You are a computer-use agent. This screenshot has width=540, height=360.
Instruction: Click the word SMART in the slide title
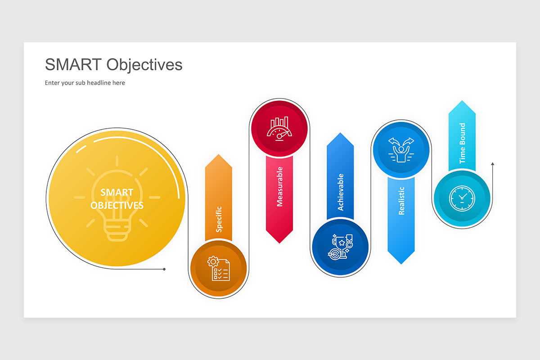[x=73, y=65]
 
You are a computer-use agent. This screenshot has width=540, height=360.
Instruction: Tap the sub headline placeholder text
[x=85, y=83]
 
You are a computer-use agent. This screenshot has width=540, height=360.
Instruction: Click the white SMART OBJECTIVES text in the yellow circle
[x=117, y=199]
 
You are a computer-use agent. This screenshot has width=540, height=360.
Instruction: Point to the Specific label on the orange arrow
[x=219, y=219]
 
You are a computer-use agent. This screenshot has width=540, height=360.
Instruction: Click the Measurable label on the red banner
[x=279, y=186]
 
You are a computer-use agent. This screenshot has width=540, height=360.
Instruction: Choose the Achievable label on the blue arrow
[x=340, y=192]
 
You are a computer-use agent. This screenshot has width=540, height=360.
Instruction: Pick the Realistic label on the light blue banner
[x=401, y=201]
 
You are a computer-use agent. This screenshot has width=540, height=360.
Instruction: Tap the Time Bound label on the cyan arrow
[x=462, y=144]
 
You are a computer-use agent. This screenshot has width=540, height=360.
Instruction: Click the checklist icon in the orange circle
[x=218, y=268]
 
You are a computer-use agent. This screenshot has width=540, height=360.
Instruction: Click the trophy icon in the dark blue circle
[x=340, y=247]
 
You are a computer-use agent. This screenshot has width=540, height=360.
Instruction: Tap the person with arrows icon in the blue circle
[x=400, y=149]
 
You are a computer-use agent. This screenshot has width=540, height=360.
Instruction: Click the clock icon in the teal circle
[x=462, y=198]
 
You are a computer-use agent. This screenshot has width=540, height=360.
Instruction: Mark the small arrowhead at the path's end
[x=493, y=164]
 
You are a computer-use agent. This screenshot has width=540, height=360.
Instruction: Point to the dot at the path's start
[x=164, y=269]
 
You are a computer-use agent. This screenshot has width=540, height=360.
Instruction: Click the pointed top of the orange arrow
[x=219, y=156]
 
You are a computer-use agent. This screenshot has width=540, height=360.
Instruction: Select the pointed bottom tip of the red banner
[x=279, y=243]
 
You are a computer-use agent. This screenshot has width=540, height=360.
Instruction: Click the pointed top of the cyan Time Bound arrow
[x=462, y=102]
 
